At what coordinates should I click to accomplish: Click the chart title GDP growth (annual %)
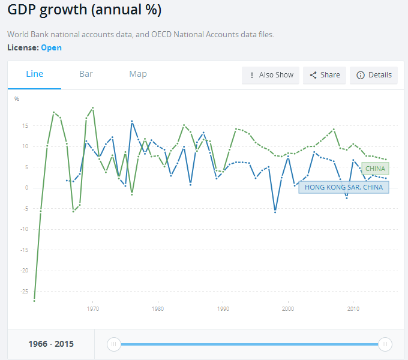[85, 10]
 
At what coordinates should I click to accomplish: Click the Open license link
[51, 47]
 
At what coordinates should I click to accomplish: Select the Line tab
[35, 74]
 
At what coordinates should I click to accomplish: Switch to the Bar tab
[86, 74]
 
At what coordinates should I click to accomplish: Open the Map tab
[138, 74]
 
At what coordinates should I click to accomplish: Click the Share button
[325, 75]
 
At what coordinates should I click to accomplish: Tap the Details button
[374, 75]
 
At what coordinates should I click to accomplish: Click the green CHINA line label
[375, 169]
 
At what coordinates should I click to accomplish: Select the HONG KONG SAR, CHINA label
[344, 187]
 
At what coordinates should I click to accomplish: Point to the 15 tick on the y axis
[25, 126]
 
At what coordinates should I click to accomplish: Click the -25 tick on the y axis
[25, 291]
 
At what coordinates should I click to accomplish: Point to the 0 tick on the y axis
[27, 188]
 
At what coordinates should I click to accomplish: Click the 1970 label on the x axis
[93, 309]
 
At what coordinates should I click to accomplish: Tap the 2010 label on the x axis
[354, 309]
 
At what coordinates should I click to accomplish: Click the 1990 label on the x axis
[223, 309]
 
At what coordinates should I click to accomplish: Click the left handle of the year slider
[113, 344]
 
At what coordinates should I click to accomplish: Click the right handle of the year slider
[386, 344]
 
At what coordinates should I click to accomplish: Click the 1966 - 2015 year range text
[51, 344]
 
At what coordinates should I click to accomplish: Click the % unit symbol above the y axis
[17, 98]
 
